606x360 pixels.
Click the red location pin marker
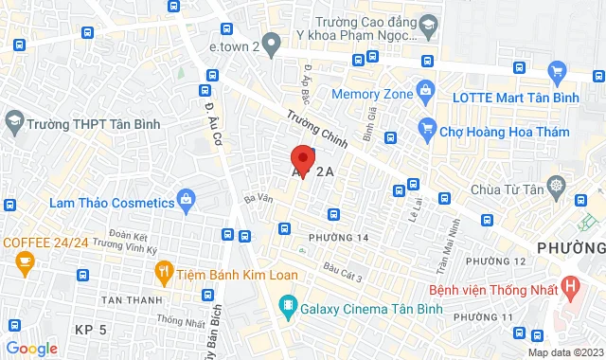tap(302, 158)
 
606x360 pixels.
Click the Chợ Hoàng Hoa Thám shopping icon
tap(426, 130)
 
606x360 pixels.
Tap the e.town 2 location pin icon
tap(271, 43)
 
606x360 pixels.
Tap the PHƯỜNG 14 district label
tap(338, 237)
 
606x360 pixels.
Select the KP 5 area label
tap(92, 329)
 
